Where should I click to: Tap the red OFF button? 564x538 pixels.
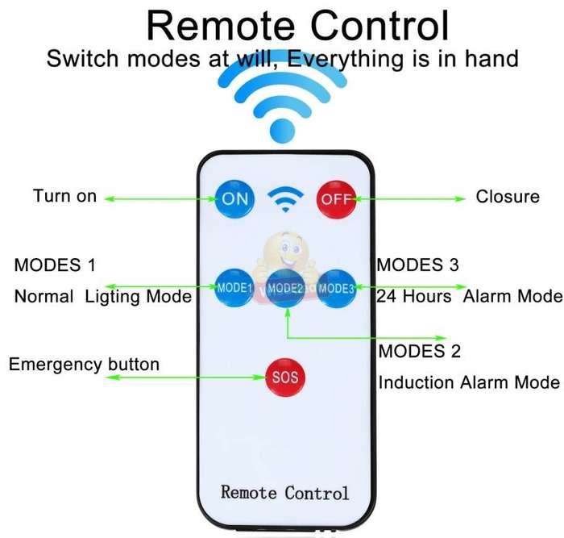[336, 199]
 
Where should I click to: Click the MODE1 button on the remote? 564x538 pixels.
[234, 288]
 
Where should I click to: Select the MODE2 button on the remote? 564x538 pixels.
[285, 288]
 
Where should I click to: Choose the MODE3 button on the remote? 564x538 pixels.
[337, 288]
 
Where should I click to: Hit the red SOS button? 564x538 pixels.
[285, 377]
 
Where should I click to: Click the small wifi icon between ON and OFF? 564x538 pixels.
[285, 199]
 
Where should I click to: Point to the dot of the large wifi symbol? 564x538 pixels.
[282, 131]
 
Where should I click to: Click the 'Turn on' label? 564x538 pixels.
[64, 196]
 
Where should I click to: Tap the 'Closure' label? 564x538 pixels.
[508, 197]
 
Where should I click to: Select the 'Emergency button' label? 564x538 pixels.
[84, 364]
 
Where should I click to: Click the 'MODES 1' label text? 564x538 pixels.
[55, 265]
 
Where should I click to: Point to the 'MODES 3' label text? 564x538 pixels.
[417, 265]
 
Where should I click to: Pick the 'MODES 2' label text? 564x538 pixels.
[420, 351]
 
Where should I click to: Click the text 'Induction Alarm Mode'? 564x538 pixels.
[469, 382]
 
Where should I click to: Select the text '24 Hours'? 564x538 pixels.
[413, 296]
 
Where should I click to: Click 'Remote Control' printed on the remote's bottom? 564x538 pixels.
[285, 492]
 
